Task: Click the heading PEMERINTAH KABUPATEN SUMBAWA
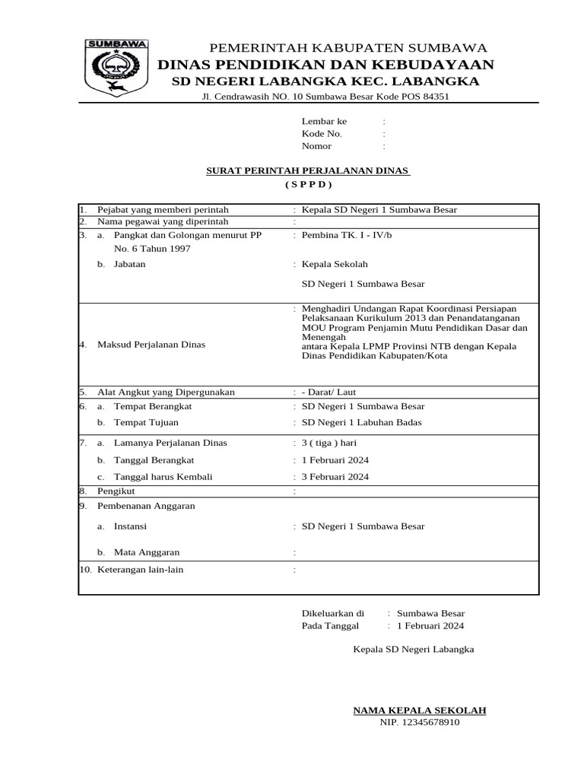click(348, 48)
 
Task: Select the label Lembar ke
click(324, 121)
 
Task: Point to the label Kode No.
click(322, 133)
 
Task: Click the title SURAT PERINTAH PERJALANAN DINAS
click(308, 170)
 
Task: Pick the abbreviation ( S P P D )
click(309, 184)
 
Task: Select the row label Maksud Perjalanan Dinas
click(151, 345)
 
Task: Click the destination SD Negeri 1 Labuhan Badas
click(361, 423)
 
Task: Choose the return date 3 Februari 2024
click(335, 477)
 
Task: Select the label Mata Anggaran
click(147, 552)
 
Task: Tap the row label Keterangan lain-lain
click(141, 569)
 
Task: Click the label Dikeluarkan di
click(333, 612)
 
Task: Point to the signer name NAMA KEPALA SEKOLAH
click(420, 711)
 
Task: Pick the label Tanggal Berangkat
click(154, 459)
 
